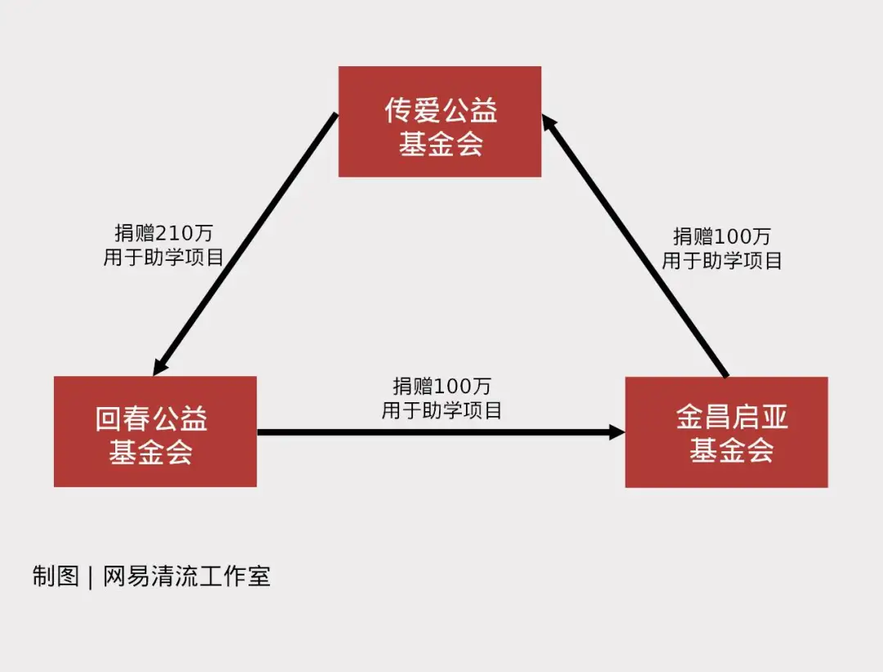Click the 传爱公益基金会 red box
coord(440,122)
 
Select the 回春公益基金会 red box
coord(155,432)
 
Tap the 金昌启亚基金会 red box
coord(726,432)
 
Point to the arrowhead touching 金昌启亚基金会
coord(617,432)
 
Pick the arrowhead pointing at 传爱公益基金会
coord(550,125)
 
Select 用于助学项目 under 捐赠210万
coord(164,258)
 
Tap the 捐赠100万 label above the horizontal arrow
coord(441,386)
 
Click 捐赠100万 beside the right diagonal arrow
coord(722,236)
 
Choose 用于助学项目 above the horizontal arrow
coord(441,410)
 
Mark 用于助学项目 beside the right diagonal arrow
coord(722,260)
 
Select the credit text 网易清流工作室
coord(186,576)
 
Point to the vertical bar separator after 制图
coord(90,577)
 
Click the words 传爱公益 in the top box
coord(441,110)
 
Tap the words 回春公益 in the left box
coord(151,419)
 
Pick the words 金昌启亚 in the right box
coord(732,418)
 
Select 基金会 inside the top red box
coord(441,144)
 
